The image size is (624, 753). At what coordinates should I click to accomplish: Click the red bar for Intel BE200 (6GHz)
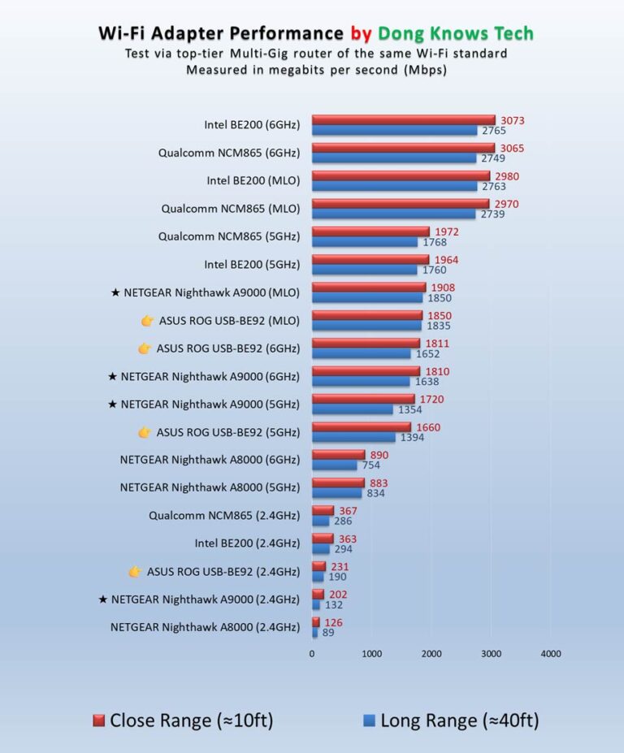pos(403,120)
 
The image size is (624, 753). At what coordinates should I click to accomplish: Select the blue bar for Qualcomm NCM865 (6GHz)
pos(394,158)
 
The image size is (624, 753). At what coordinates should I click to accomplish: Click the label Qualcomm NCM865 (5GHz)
pos(229,236)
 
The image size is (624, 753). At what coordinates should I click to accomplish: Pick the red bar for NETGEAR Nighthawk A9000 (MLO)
pos(369,287)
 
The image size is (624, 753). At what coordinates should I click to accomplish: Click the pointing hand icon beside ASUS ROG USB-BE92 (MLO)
pos(147,321)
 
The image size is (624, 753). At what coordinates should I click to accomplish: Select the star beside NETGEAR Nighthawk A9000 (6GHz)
pos(112,377)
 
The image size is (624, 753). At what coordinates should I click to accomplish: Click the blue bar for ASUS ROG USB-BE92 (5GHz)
pos(353,438)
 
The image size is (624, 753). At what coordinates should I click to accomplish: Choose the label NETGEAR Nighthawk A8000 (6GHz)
pos(210,460)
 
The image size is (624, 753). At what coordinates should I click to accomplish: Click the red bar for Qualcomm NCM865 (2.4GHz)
pos(323,510)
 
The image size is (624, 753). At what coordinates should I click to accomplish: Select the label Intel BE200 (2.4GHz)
pos(247,543)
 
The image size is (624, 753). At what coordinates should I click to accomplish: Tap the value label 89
pos(328,632)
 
